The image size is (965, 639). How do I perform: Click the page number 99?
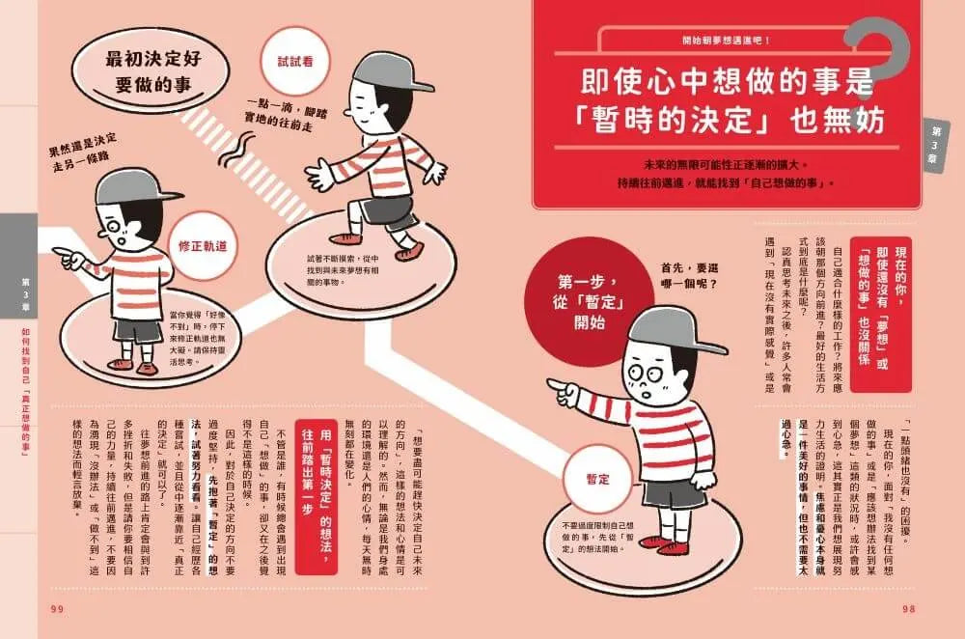(x=55, y=607)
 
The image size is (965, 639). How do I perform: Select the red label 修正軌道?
(x=202, y=246)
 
